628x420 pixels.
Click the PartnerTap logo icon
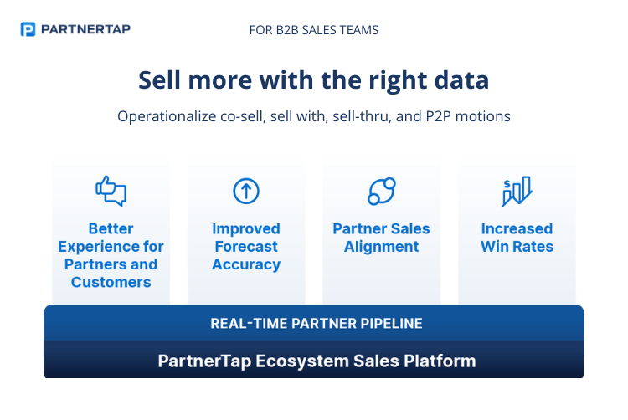click(28, 29)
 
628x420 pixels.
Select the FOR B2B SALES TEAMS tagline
click(314, 30)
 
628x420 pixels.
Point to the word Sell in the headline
click(158, 80)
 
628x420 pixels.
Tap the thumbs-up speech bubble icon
click(111, 191)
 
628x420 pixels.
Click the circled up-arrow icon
click(246, 192)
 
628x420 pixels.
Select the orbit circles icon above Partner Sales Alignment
click(382, 192)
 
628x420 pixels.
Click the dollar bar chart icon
click(517, 192)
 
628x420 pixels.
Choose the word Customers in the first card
click(111, 282)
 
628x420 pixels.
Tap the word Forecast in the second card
click(246, 247)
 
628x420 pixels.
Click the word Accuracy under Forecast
click(246, 264)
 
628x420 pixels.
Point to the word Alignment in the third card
click(382, 247)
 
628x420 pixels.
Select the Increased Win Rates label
click(517, 238)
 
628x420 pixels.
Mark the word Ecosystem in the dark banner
click(291, 361)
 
